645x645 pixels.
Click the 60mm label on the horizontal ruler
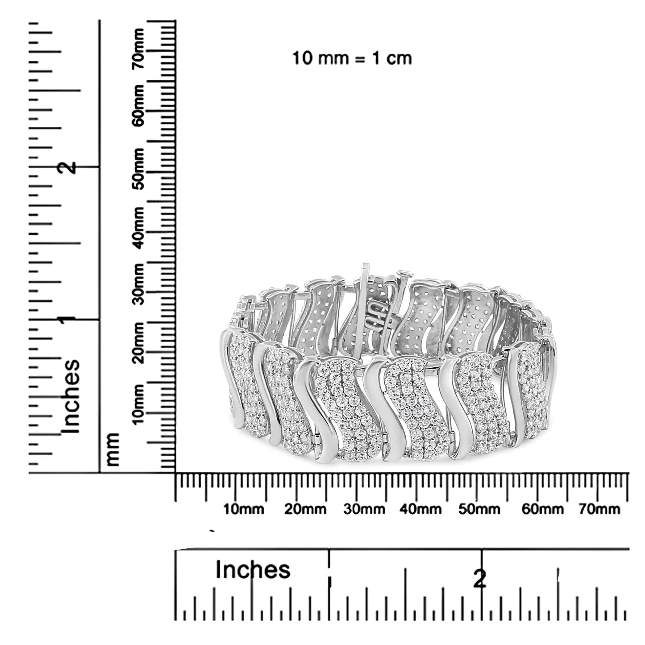[x=543, y=509]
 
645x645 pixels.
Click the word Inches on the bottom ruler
[x=253, y=570]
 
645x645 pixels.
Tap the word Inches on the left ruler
[x=71, y=396]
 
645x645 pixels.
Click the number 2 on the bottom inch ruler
[x=480, y=579]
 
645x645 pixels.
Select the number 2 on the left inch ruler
[x=68, y=167]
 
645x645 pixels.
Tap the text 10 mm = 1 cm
[x=352, y=58]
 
